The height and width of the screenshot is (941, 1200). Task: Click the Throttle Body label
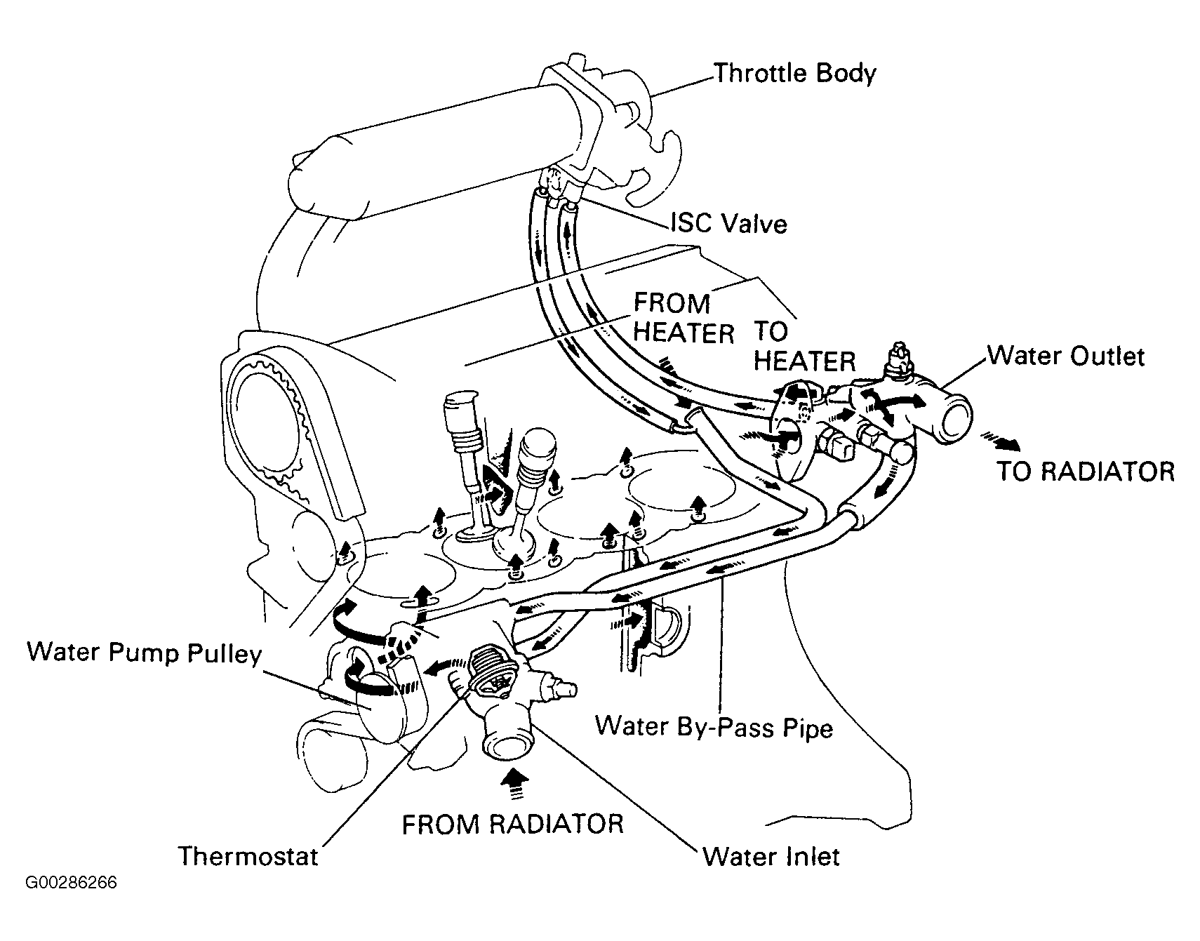(x=795, y=74)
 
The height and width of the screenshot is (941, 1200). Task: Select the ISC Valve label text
(x=728, y=223)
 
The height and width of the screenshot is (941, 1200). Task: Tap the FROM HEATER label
(x=684, y=318)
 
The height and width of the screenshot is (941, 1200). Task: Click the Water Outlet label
(x=1066, y=356)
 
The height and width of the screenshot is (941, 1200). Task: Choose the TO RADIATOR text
(x=1086, y=471)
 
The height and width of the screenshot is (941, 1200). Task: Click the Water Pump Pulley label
(x=145, y=653)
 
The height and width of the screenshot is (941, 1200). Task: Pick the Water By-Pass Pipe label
(x=714, y=726)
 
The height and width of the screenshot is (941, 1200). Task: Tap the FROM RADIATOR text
(x=512, y=824)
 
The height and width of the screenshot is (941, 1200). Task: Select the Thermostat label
(x=248, y=855)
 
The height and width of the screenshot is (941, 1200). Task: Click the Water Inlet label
(x=771, y=856)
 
